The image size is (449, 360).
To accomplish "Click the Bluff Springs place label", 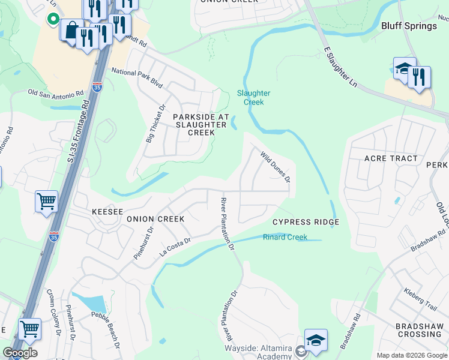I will [409, 26].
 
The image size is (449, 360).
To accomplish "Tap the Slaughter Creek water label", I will [253, 97].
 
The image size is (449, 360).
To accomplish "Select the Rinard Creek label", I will [285, 238].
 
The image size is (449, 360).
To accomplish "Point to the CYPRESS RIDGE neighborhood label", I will [306, 222].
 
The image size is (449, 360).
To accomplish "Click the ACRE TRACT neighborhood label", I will [391, 158].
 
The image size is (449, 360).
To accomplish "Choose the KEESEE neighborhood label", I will [107, 212].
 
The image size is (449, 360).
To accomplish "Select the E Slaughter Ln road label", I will [340, 66].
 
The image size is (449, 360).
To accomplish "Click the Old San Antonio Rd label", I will [56, 94].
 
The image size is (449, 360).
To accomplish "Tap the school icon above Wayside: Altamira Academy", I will [316, 340].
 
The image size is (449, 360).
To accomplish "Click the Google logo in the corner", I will [20, 353].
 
